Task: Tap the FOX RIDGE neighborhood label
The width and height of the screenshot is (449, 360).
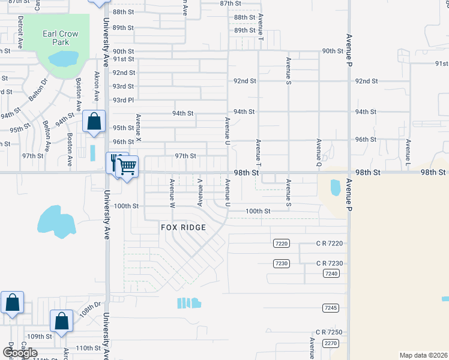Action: pyautogui.click(x=183, y=227)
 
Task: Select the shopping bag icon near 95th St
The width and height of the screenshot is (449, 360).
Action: pyautogui.click(x=94, y=121)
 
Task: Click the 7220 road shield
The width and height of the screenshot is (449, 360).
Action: pyautogui.click(x=282, y=244)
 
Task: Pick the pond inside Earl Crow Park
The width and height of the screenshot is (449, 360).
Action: pyautogui.click(x=64, y=58)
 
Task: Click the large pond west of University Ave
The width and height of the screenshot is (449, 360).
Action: pyautogui.click(x=56, y=221)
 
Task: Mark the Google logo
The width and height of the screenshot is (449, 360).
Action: pyautogui.click(x=19, y=352)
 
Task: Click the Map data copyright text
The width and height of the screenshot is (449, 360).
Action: pyautogui.click(x=423, y=355)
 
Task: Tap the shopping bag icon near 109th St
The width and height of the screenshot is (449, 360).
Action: pyautogui.click(x=61, y=321)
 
